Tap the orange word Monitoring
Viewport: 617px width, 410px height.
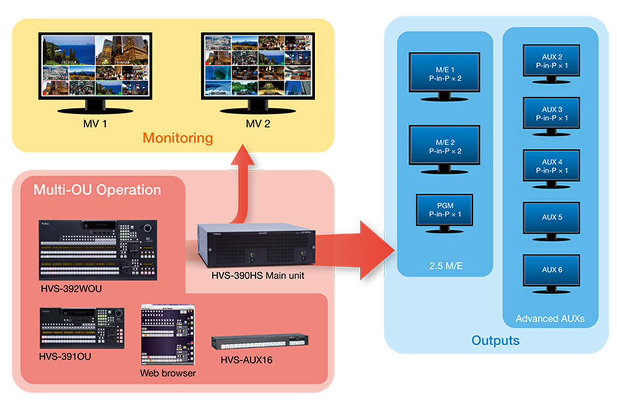coord(177,138)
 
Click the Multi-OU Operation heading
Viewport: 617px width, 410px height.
coord(97,190)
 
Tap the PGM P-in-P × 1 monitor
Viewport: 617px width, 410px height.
coord(444,211)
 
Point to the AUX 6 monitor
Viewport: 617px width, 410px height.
coord(552,270)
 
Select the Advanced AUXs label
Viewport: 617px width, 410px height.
coord(550,319)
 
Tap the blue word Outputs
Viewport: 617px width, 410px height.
coord(495,340)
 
